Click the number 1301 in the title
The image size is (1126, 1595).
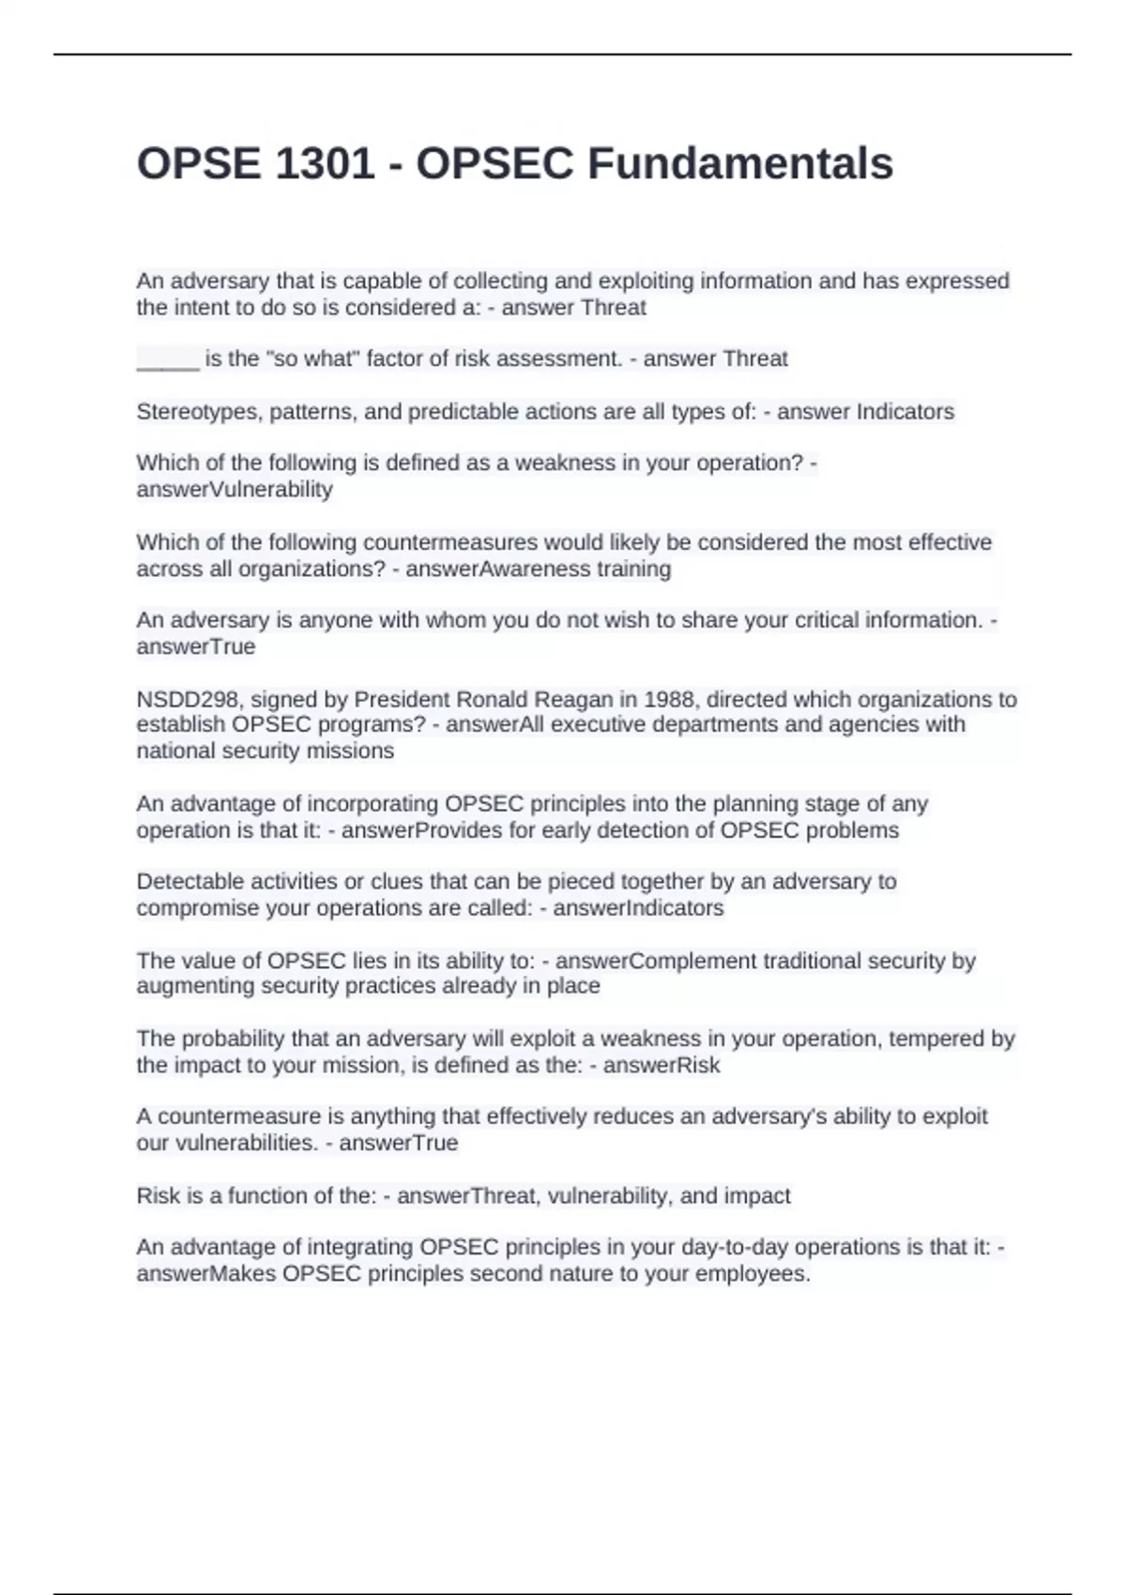click(x=325, y=163)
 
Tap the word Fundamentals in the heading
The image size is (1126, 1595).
click(x=740, y=163)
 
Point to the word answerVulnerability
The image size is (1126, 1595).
click(x=235, y=490)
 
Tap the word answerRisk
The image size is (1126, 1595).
click(x=662, y=1066)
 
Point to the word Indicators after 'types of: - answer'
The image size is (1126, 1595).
click(x=905, y=412)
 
